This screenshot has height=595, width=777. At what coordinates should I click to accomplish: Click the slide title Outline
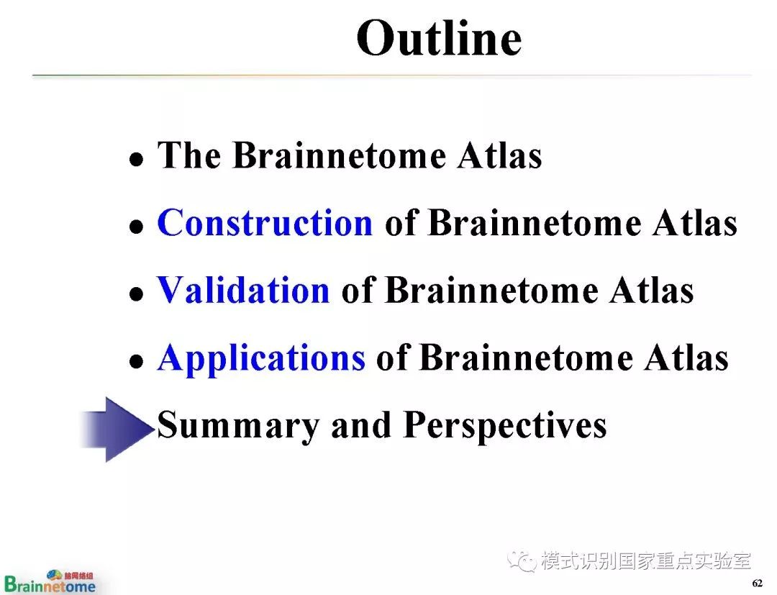point(439,38)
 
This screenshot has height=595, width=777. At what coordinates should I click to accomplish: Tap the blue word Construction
point(265,222)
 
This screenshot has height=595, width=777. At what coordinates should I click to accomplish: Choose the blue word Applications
point(262,359)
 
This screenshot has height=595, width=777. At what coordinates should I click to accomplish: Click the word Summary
point(238,426)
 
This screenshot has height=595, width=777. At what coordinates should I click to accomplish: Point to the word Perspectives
point(505,426)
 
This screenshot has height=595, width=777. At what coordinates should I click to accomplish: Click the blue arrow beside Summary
point(117,430)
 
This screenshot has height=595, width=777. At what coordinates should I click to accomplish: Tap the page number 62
point(757,583)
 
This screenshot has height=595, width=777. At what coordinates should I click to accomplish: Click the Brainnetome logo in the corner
point(50,582)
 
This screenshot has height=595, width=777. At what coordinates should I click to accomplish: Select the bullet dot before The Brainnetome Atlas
point(136,160)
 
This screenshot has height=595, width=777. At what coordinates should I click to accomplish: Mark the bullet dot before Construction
point(136,227)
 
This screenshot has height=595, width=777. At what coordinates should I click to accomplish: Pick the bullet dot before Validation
point(136,294)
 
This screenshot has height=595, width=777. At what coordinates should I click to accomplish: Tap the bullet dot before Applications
point(136,362)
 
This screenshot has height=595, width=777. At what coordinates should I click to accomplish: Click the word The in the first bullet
point(188,155)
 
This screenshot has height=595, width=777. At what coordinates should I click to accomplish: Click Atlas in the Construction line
point(695,222)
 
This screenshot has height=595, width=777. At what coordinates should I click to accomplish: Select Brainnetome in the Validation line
point(491,290)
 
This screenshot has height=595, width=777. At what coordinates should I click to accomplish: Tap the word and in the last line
point(361,425)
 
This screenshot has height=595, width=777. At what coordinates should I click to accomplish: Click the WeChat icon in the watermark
point(522,561)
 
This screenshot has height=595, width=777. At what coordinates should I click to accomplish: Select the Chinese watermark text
point(646,561)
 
